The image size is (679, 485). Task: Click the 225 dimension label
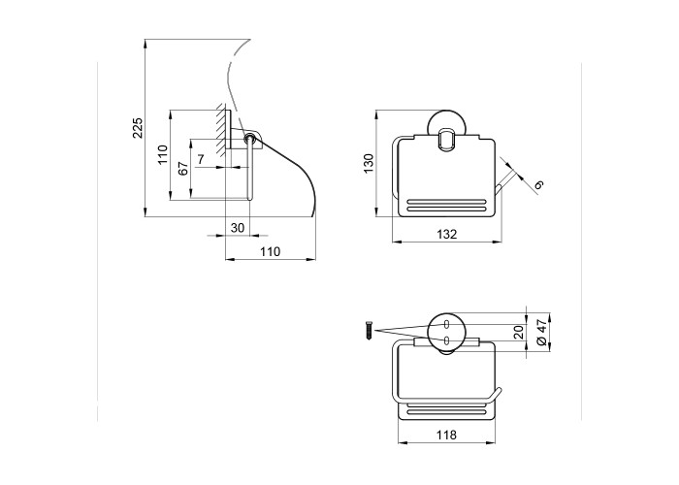coord(138,128)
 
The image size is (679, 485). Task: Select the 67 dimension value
coord(183,168)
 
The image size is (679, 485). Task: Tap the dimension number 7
coord(201,159)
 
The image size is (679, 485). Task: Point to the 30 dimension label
coord(238,228)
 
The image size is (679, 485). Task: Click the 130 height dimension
coord(368,163)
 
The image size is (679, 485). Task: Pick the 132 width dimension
coord(446,235)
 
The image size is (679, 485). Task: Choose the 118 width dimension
coord(446,435)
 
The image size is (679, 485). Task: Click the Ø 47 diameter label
coord(541,334)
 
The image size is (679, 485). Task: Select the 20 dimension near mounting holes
coord(518,332)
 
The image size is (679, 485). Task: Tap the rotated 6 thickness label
coord(538,185)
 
